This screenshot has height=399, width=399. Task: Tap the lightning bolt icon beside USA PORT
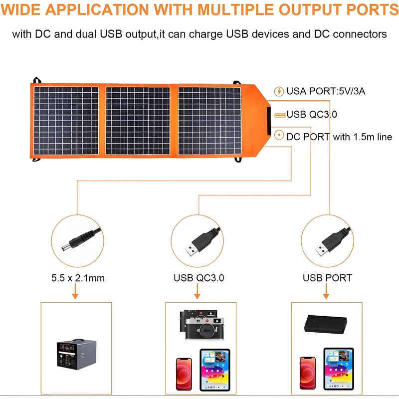(279, 91)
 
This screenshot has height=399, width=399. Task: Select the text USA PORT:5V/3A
(322, 91)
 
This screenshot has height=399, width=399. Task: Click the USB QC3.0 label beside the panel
(312, 114)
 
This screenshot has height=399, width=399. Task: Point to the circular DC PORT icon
(279, 135)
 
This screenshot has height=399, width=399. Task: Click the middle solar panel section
(138, 121)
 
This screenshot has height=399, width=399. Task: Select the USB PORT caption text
(327, 278)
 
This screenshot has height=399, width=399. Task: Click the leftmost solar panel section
(66, 121)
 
